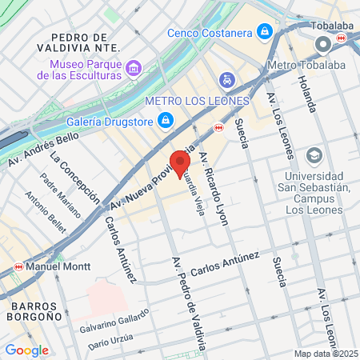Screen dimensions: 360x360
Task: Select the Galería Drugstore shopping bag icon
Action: [165, 120]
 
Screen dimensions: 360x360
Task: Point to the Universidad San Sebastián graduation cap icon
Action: [314, 154]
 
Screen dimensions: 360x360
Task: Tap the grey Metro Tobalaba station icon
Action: [322, 44]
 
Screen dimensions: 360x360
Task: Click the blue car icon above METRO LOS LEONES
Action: [227, 80]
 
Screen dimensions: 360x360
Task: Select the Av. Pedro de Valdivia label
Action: [190, 302]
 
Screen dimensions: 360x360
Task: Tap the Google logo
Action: [26, 350]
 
